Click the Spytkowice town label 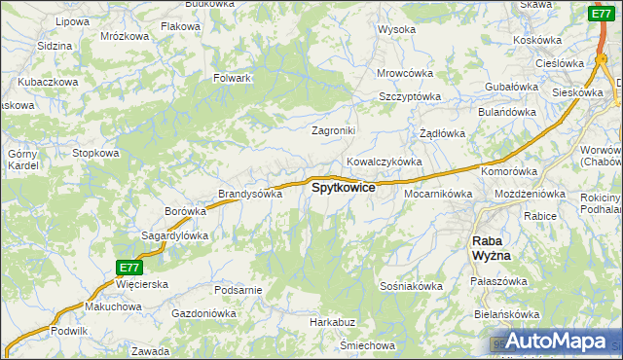click(343, 188)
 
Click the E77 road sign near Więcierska click(128, 267)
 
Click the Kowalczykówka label click(384, 162)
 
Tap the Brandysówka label click(250, 194)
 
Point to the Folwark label click(234, 78)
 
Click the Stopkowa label click(95, 153)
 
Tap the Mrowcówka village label click(405, 73)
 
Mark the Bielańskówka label click(531, 315)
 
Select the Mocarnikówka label click(438, 194)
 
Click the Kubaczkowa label click(48, 83)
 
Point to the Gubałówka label click(512, 87)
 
